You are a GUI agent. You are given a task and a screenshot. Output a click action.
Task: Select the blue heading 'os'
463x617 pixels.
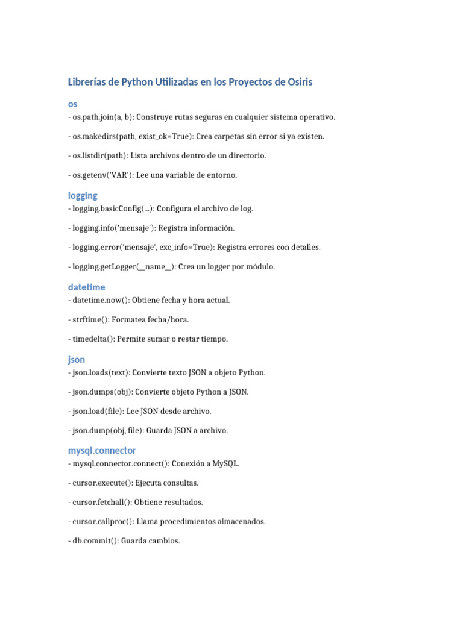tap(72, 104)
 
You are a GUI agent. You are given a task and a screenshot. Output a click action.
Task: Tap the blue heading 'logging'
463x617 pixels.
tap(83, 196)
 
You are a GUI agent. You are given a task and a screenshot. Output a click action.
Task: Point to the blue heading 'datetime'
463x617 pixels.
tap(86, 287)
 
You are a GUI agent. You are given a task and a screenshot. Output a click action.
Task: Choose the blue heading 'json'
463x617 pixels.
tap(77, 360)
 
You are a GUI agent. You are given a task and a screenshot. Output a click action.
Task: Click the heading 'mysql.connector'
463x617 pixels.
tap(102, 451)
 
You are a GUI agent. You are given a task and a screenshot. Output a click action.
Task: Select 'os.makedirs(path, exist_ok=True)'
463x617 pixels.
tap(129, 136)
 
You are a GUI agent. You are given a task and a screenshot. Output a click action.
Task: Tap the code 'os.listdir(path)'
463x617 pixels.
tap(99, 155)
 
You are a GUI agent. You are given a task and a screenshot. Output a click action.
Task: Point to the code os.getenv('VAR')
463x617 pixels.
tap(100, 175)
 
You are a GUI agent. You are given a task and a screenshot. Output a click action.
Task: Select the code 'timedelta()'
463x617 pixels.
tap(92, 339)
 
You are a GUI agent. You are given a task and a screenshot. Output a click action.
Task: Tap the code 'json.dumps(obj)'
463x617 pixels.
tap(100, 392)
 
